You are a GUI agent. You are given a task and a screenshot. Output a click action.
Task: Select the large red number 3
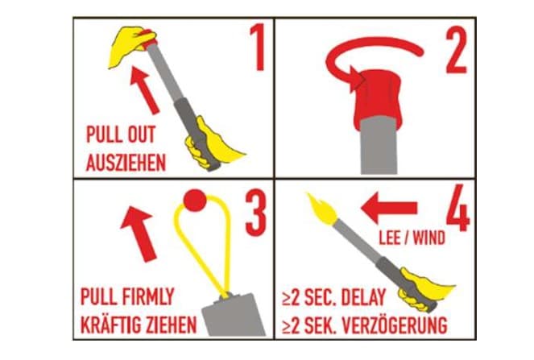point(255,213)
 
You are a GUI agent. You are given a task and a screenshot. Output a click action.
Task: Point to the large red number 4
point(458,208)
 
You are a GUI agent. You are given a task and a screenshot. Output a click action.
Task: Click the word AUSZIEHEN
point(126,163)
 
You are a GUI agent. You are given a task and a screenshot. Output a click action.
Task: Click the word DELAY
point(363,297)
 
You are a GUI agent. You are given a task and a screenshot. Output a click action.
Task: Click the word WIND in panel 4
point(430,238)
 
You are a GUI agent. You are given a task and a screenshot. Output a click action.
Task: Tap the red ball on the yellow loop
point(195,201)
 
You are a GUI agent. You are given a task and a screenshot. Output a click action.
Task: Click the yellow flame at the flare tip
point(322,209)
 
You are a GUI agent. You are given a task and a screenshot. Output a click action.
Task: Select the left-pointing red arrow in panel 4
point(389,208)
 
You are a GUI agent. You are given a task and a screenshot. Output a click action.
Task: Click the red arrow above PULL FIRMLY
point(139,234)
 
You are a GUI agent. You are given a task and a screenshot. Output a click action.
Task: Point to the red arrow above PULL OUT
point(144,90)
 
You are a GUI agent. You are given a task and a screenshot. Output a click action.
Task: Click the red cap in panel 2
point(378,98)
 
